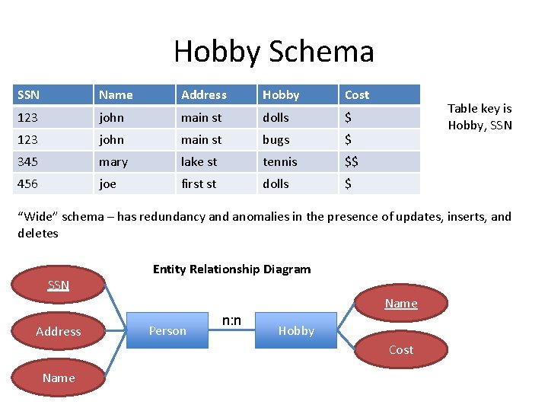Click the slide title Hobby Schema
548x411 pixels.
(x=274, y=52)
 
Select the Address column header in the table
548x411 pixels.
(x=204, y=95)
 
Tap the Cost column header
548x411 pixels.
(x=357, y=95)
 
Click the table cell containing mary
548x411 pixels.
(x=113, y=162)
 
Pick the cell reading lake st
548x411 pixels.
(x=199, y=162)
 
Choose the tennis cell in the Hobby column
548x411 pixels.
(x=280, y=162)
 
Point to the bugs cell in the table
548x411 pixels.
(x=276, y=140)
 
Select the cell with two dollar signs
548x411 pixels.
(x=352, y=162)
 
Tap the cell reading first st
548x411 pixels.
(x=199, y=184)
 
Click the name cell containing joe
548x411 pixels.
(x=107, y=184)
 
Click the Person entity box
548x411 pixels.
(x=167, y=330)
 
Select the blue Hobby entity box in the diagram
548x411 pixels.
(x=296, y=330)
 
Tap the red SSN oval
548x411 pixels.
(x=59, y=285)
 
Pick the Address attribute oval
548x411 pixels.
(x=59, y=331)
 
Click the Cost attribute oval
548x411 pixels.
(x=401, y=350)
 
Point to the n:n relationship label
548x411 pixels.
(x=231, y=320)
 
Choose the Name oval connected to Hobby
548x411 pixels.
(x=401, y=304)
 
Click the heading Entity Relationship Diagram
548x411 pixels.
(x=231, y=269)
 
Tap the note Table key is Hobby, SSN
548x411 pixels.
(x=479, y=117)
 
